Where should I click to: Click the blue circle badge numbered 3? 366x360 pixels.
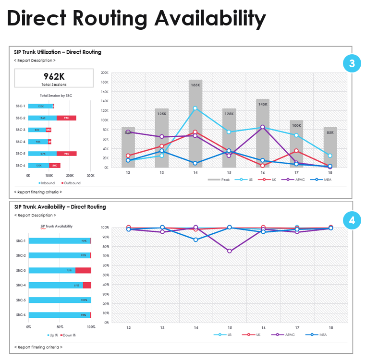(x=352, y=63)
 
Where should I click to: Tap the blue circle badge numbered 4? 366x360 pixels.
(x=352, y=220)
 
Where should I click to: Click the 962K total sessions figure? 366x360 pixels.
(x=54, y=76)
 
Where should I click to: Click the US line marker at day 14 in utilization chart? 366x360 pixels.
(x=195, y=108)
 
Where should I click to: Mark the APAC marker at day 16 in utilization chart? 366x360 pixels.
(x=263, y=127)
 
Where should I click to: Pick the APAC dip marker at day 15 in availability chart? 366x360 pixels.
(x=229, y=251)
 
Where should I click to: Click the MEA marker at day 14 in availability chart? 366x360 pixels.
(x=195, y=240)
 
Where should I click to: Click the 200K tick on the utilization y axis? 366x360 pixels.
(x=104, y=73)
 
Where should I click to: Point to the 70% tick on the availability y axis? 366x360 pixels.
(x=105, y=256)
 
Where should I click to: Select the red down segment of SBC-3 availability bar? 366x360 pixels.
(x=83, y=270)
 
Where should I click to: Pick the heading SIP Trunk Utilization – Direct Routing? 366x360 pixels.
(x=58, y=52)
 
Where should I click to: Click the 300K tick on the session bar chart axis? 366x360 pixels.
(x=90, y=175)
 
